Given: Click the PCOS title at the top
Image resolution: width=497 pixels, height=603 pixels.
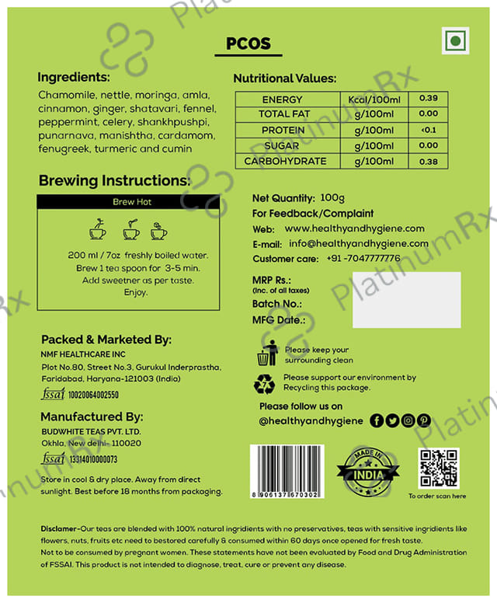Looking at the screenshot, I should [x=248, y=44].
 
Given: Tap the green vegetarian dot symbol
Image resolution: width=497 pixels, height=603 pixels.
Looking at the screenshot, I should [x=457, y=40].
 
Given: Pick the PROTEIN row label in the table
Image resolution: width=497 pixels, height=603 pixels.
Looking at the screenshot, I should [x=283, y=130].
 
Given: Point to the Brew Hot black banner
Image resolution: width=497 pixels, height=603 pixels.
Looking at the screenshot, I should [x=128, y=201].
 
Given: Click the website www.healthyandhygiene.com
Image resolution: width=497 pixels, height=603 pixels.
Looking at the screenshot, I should [x=354, y=228].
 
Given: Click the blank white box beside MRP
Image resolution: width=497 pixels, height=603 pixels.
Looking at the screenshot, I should [x=406, y=299].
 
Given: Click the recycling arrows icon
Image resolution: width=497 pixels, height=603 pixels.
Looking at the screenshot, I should [x=265, y=382].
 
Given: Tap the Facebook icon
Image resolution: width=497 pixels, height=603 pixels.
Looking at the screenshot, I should [x=377, y=420].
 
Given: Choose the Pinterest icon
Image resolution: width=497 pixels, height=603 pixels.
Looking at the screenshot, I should [x=423, y=420].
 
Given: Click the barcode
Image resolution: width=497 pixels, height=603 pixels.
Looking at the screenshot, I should [x=283, y=468].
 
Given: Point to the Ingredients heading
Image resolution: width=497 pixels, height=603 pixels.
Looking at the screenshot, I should [x=75, y=78].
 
